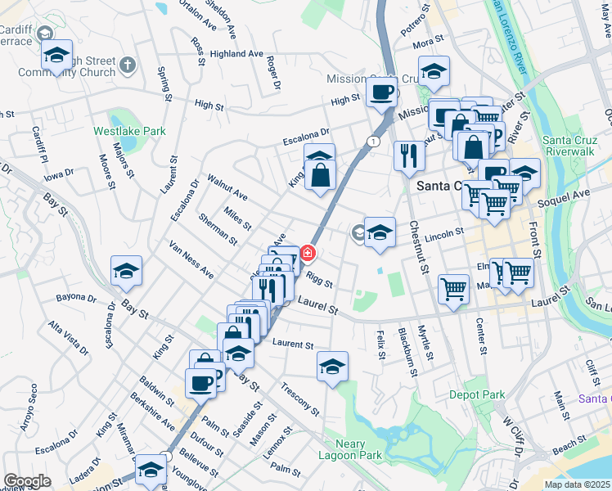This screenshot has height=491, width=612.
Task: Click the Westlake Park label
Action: pyautogui.click(x=129, y=131)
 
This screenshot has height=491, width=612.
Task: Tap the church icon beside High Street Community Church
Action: pyautogui.click(x=127, y=64)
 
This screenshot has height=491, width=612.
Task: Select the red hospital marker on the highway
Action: pyautogui.click(x=308, y=254)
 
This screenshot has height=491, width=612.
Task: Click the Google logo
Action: pyautogui.click(x=27, y=481)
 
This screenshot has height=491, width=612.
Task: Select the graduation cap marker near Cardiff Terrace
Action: pyautogui.click(x=56, y=56)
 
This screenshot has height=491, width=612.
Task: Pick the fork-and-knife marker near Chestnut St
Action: pyautogui.click(x=408, y=154)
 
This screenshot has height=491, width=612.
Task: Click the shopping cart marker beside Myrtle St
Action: pyautogui.click(x=453, y=288)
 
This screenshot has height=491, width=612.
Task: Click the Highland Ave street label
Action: pyautogui.click(x=236, y=54)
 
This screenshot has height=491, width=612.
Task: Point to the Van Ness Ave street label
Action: pyautogui.click(x=191, y=259)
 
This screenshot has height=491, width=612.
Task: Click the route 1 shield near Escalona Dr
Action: pyautogui.click(x=374, y=142)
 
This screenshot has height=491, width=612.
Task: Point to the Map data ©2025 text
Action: pyautogui.click(x=578, y=484)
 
